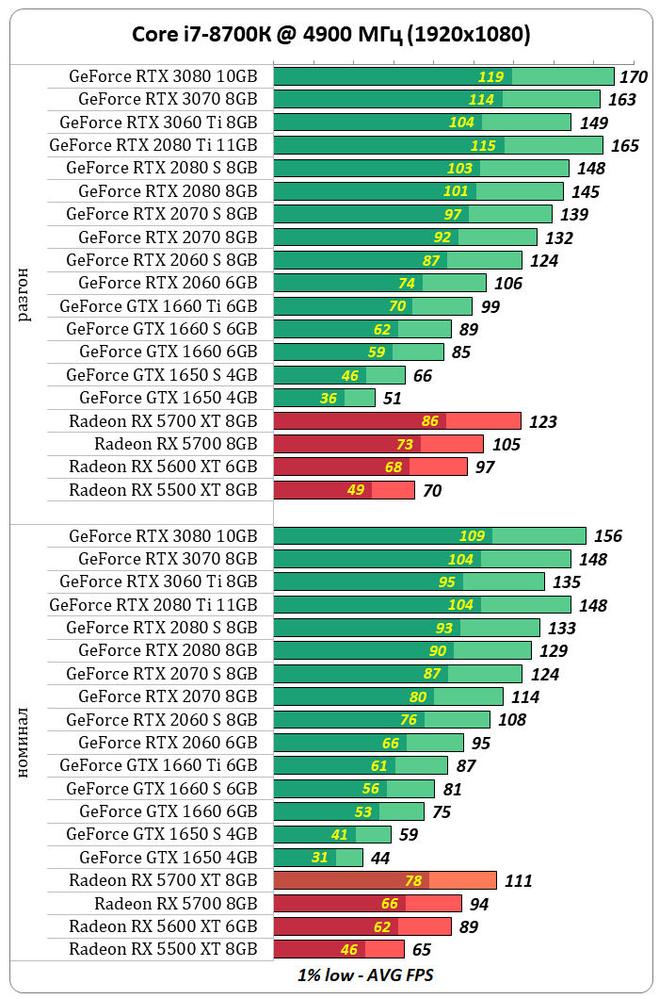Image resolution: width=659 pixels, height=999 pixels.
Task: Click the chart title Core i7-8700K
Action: point(329,35)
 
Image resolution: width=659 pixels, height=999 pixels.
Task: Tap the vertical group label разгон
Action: point(24,294)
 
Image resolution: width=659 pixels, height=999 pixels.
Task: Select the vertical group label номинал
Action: point(24,743)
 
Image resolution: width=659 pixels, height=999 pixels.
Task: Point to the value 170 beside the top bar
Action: point(634,77)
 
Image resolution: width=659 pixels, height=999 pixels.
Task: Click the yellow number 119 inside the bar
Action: point(491,77)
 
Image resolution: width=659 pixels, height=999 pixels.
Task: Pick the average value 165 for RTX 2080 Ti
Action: point(625,146)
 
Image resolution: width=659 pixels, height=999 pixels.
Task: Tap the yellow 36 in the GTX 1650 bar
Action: point(329,399)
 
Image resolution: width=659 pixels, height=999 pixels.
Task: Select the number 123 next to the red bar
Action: point(543,422)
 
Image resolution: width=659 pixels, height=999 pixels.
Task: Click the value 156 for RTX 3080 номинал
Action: point(608,536)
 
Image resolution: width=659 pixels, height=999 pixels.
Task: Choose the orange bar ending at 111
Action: point(385,880)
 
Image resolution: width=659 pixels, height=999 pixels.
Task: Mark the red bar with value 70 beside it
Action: point(344,490)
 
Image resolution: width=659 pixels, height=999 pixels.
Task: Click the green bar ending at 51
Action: point(325,398)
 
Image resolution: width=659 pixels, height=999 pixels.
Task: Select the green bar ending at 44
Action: point(318,858)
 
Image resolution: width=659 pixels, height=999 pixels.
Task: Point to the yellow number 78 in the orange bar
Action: point(413,880)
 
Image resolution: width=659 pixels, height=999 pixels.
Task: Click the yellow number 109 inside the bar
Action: point(473,536)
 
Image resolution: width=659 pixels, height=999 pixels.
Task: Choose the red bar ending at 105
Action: point(378,444)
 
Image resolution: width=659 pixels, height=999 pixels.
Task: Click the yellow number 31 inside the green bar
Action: point(320,858)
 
